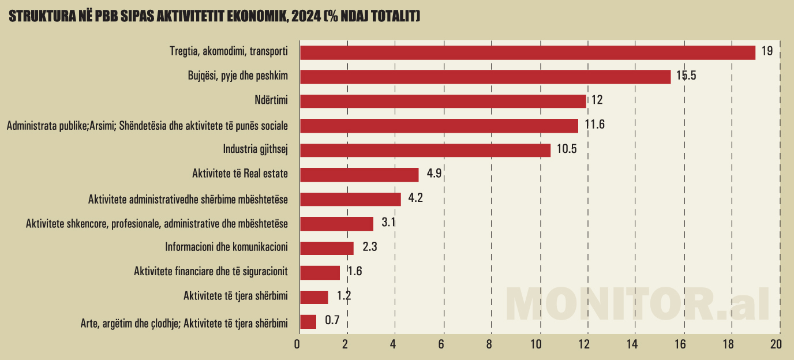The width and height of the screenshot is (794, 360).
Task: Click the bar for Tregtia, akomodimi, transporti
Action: point(527,52)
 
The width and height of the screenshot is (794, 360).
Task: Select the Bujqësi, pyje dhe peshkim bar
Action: point(485,77)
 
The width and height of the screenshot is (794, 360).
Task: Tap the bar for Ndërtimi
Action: point(443,101)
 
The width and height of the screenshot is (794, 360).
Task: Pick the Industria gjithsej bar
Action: point(425,150)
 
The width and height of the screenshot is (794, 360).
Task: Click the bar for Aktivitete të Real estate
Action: point(359,174)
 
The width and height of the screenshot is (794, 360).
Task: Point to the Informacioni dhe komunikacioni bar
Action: point(327,248)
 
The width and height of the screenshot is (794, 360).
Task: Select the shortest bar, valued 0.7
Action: point(308,321)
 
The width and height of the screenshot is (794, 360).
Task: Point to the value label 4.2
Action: point(415,198)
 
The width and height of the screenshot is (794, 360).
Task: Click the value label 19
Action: point(766,51)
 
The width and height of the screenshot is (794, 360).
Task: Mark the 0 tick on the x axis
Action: point(297,344)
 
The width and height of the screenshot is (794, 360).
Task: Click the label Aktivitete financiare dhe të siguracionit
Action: point(211,272)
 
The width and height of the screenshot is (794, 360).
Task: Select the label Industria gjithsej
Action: point(255,149)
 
